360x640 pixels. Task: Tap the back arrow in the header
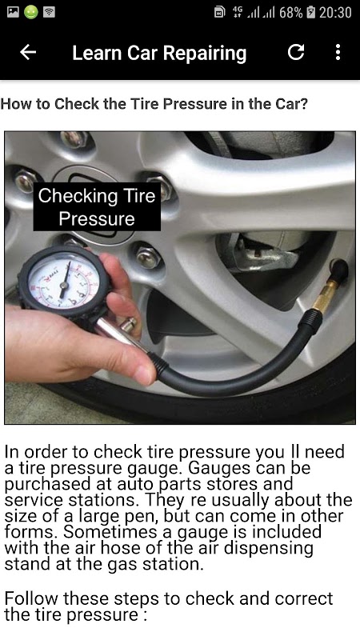[x=28, y=52]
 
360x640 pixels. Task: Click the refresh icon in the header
[x=296, y=52]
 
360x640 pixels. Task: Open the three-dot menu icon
[x=338, y=52]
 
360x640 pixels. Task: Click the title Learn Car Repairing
[x=159, y=54]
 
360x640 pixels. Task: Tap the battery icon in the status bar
[x=310, y=13]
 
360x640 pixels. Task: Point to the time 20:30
[x=335, y=13]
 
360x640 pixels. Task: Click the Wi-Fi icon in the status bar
[x=49, y=12]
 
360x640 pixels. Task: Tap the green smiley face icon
[x=31, y=12]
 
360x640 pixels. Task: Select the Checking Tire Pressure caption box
[x=97, y=207]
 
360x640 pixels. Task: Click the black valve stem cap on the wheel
[x=339, y=270]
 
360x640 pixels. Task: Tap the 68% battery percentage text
[x=291, y=13]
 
